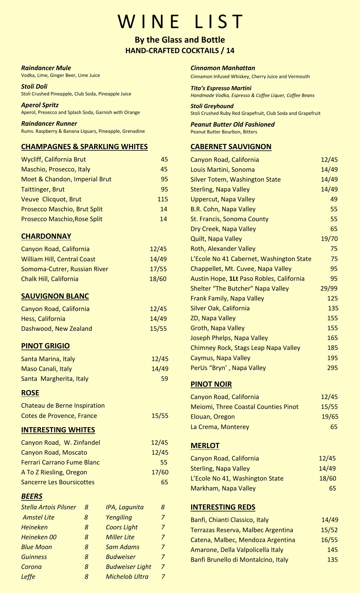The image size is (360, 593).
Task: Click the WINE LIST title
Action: click(x=180, y=22)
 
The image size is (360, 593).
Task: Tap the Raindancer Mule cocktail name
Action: click(x=46, y=68)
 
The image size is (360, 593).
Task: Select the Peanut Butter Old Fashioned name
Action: click(x=232, y=124)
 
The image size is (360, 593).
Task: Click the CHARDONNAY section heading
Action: click(x=46, y=236)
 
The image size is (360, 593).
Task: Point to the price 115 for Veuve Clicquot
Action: click(x=162, y=199)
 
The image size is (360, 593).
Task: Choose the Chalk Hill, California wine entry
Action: click(x=50, y=279)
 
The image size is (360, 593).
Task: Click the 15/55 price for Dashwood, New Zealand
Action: click(x=158, y=329)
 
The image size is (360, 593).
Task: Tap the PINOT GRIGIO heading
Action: click(x=45, y=346)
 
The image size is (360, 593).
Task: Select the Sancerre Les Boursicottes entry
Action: click(x=58, y=482)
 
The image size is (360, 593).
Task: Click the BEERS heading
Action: click(x=32, y=496)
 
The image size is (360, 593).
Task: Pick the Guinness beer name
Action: click(x=34, y=557)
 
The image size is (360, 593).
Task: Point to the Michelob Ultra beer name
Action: click(x=127, y=577)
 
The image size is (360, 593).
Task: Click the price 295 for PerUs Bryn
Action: click(x=332, y=368)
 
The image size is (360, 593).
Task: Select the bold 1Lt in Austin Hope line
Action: click(x=233, y=279)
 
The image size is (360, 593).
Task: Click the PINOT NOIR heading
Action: click(x=211, y=384)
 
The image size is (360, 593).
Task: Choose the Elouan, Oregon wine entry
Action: click(x=212, y=417)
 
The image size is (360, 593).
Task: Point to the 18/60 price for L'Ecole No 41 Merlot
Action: click(x=327, y=478)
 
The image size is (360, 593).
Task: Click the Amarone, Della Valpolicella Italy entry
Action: click(x=237, y=550)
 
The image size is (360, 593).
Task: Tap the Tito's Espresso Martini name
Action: click(x=221, y=88)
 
